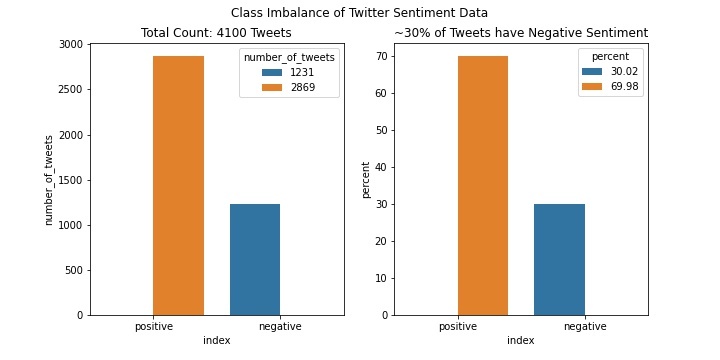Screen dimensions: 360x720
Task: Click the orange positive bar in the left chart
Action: [x=178, y=185]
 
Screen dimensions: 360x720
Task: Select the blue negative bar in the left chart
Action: [x=255, y=259]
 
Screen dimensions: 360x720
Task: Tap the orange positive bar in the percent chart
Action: [x=483, y=185]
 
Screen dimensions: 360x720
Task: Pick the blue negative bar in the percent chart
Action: [x=559, y=259]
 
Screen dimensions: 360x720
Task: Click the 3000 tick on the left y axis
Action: [x=71, y=45]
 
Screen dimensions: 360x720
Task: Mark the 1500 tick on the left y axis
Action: [x=71, y=180]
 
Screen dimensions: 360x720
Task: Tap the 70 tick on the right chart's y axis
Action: [x=380, y=57]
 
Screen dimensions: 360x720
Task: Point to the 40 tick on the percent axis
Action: [x=380, y=167]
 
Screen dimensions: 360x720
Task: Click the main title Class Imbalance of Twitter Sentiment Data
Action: [x=359, y=13]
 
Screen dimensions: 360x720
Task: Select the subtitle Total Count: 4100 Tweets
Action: [x=217, y=33]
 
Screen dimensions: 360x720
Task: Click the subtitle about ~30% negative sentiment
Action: [x=521, y=33]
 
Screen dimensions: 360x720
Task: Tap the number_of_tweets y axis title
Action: [x=49, y=180]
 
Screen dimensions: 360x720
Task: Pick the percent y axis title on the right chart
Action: [x=366, y=180]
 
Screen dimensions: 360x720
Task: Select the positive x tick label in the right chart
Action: [x=458, y=327]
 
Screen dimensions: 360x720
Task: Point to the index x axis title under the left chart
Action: [x=217, y=341]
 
